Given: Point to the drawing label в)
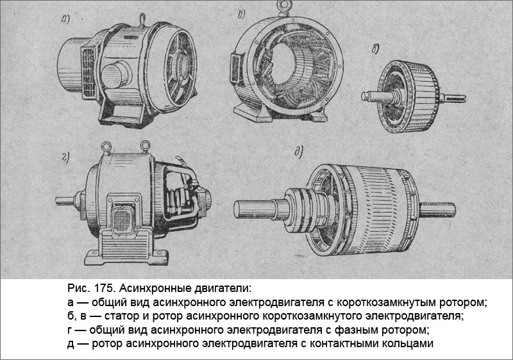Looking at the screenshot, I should tap(375, 49).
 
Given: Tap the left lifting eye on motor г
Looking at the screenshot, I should tap(107, 145).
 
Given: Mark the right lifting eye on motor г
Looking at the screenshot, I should tap(145, 145).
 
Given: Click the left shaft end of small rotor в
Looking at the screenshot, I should tap(369, 97).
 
